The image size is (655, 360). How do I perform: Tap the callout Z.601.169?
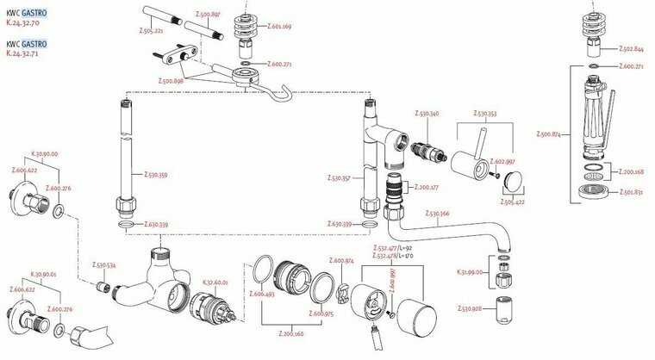pyautogui.click(x=280, y=27)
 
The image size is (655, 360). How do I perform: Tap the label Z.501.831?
pyautogui.click(x=633, y=193)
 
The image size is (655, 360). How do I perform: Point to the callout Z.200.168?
pyautogui.click(x=633, y=172)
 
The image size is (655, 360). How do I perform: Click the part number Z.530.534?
pyautogui.click(x=104, y=266)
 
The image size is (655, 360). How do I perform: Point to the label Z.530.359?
pyautogui.click(x=157, y=174)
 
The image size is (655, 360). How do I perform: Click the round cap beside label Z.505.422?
pyautogui.click(x=515, y=180)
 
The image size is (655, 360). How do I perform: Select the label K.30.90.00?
pyautogui.click(x=45, y=153)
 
